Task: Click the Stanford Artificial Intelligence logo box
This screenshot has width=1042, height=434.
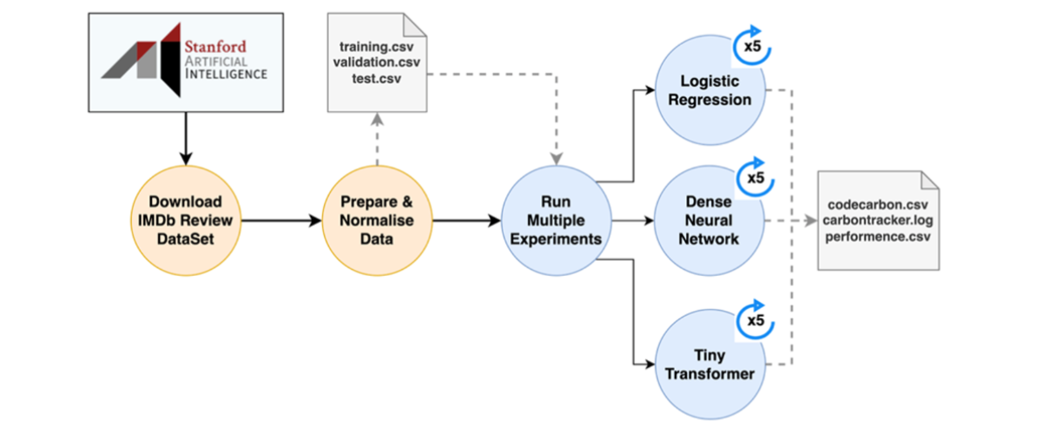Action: [186, 62]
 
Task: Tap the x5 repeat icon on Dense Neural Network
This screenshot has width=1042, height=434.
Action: [755, 178]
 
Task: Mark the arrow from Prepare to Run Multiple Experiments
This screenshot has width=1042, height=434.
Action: [467, 220]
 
